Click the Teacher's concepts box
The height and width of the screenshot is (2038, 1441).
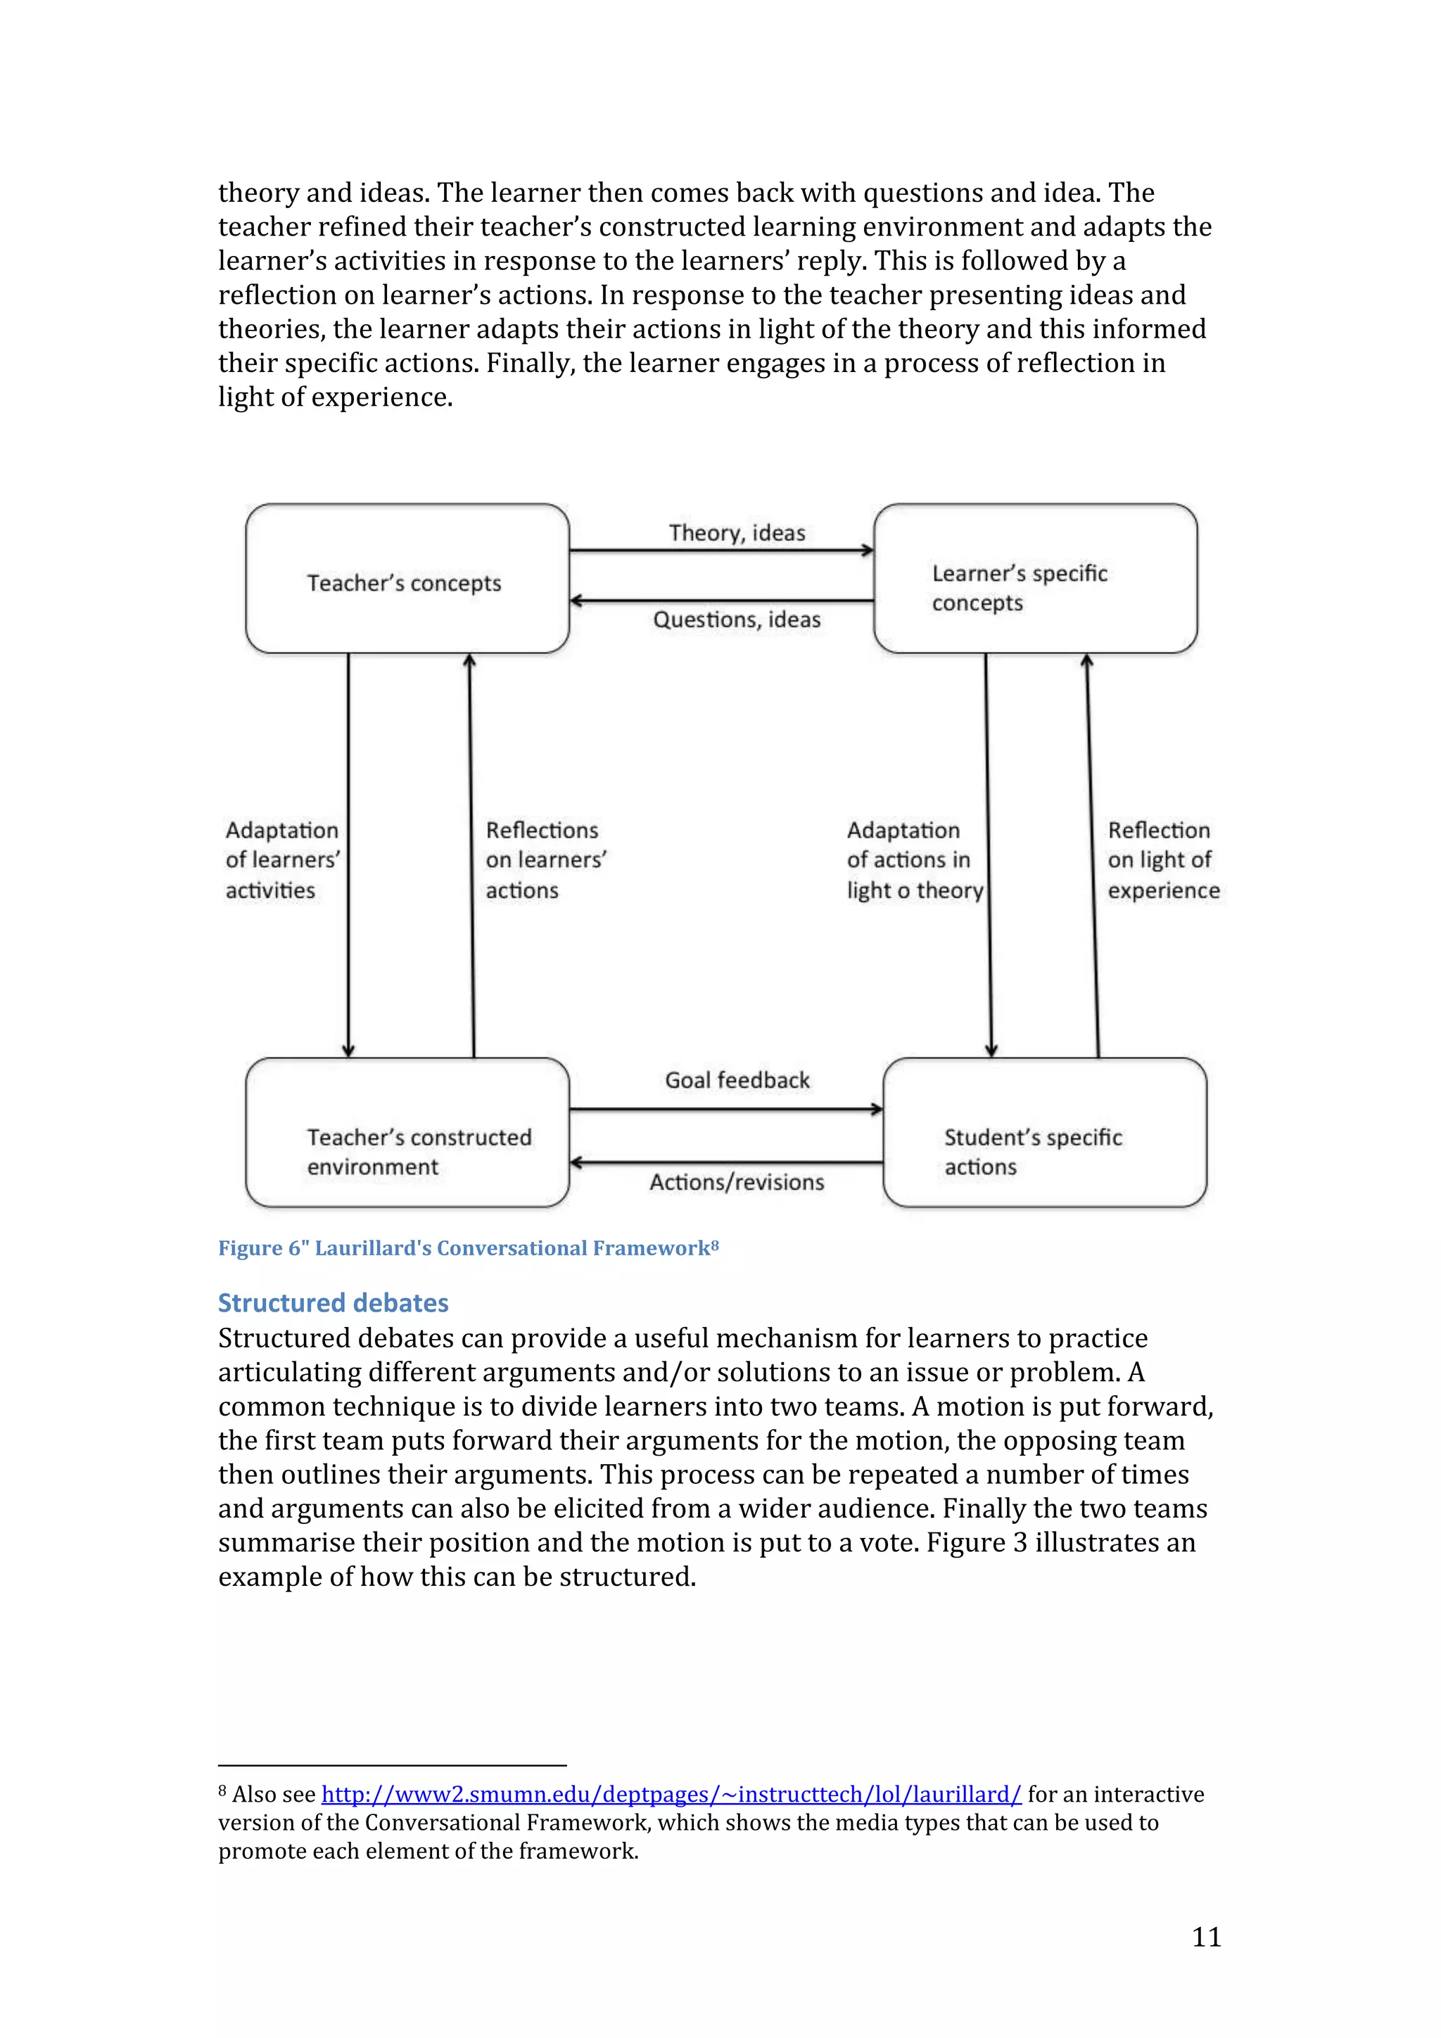pos(407,579)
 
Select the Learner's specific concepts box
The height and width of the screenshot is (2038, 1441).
pos(1034,579)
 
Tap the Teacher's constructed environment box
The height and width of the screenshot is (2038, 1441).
pos(407,1133)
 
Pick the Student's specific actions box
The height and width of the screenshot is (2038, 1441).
pos(1044,1133)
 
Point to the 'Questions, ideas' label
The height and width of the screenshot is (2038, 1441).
pos(737,620)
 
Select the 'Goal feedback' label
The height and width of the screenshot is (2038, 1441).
pos(737,1080)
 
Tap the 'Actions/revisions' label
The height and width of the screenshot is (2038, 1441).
pos(737,1182)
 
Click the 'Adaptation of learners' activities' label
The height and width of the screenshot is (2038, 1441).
pos(282,859)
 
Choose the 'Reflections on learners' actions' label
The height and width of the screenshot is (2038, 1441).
pos(545,859)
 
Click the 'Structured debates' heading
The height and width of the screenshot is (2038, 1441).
pos(333,1302)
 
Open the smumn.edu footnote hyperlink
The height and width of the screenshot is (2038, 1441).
pos(671,1794)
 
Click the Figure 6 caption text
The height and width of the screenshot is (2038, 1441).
pos(467,1248)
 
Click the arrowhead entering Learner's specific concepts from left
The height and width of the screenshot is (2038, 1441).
pos(868,551)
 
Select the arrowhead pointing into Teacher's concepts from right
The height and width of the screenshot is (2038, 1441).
pos(576,601)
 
